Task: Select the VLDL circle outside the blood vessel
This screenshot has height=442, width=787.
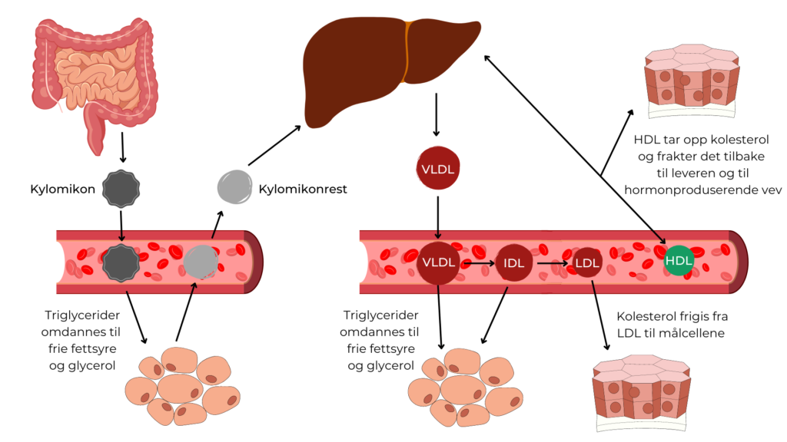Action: click(x=437, y=168)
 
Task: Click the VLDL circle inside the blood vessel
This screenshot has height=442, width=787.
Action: click(x=437, y=262)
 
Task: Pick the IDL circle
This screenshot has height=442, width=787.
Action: click(x=513, y=263)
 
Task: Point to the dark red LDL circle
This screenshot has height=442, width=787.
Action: click(x=588, y=263)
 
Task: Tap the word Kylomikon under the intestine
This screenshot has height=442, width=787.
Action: click(x=60, y=188)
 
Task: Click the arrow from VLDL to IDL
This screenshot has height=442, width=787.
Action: click(x=477, y=263)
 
